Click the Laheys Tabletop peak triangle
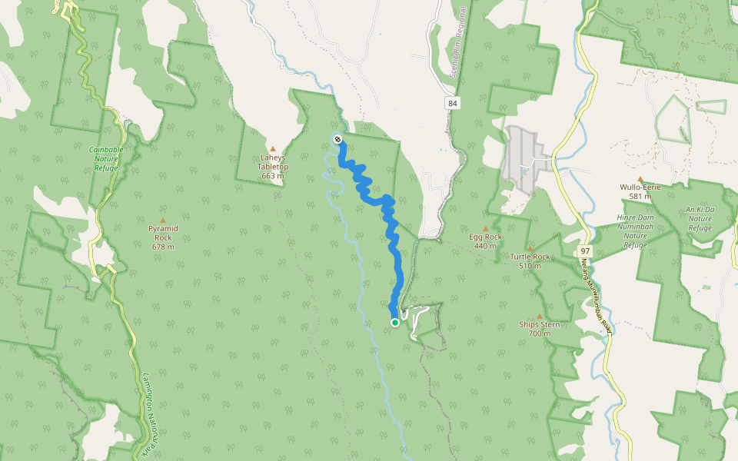[272, 149]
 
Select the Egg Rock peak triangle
[485, 228]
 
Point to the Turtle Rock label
[530, 257]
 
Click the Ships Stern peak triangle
[539, 317]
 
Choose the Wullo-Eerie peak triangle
[640, 179]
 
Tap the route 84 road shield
[452, 103]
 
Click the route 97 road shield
[585, 251]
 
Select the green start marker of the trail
[395, 323]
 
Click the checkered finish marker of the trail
[337, 139]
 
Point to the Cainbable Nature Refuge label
[106, 158]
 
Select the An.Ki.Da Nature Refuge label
[700, 218]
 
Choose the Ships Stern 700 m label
[539, 329]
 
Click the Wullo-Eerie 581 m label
[640, 191]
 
